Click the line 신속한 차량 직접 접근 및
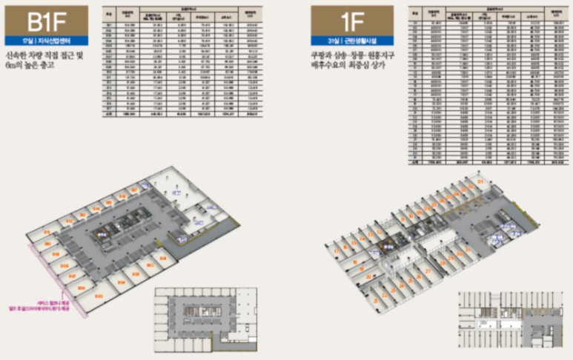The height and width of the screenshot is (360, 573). [x=55, y=58]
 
